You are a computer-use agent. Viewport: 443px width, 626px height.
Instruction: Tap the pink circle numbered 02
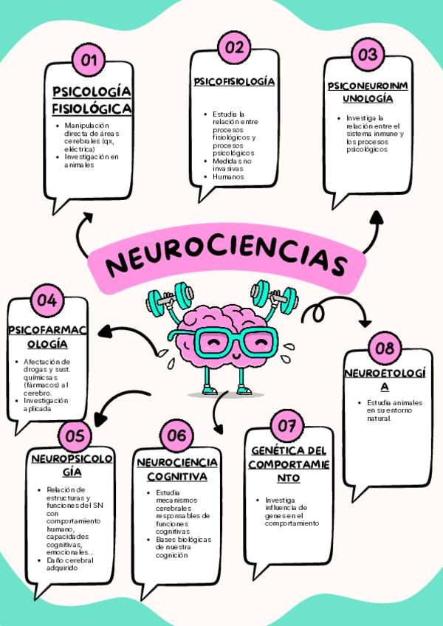[x=234, y=48]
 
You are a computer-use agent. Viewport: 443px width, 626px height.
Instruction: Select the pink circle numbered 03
[x=367, y=55]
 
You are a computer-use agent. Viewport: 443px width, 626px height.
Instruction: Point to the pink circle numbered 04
[x=47, y=300]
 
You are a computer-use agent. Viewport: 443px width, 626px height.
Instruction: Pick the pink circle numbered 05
[x=75, y=435]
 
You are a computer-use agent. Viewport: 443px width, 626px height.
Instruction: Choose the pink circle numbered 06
[x=176, y=435]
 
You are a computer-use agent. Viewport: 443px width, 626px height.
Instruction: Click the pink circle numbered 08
[x=384, y=348]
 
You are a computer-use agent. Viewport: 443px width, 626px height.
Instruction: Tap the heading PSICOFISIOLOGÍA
[x=234, y=81]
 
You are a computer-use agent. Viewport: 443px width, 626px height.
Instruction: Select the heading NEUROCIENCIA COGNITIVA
[x=176, y=469]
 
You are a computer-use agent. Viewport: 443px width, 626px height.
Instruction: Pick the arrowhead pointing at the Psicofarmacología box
[x=104, y=331]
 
